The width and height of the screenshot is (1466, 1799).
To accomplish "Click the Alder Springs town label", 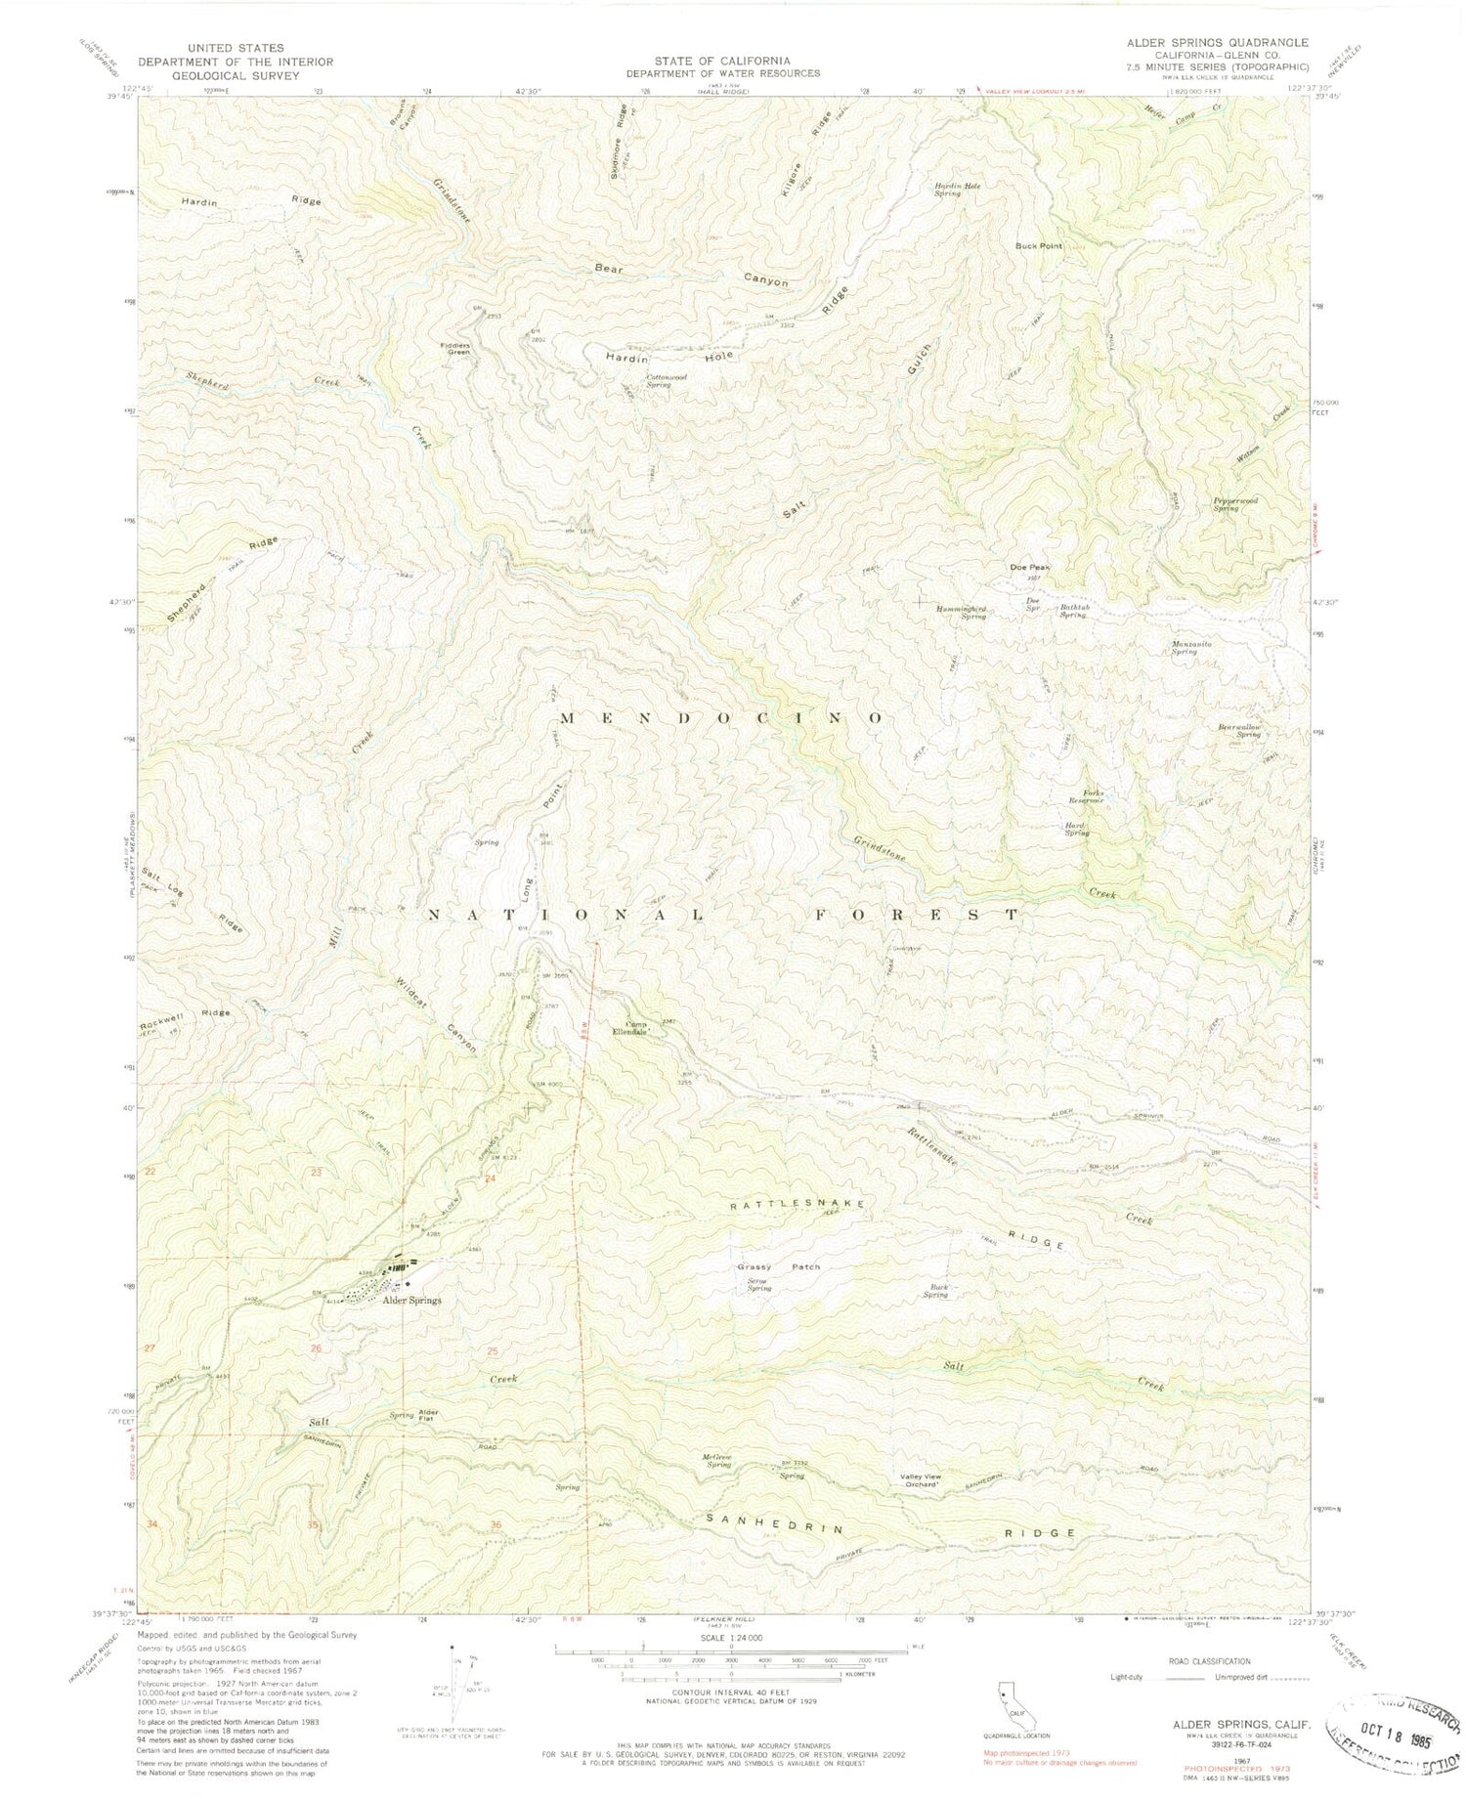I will pyautogui.click(x=411, y=1301).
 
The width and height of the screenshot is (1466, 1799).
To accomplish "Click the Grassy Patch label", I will pyautogui.click(x=778, y=1267).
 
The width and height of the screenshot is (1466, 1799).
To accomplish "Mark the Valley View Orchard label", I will pyautogui.click(x=919, y=1481).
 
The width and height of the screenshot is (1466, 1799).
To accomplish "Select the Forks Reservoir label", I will pyautogui.click(x=1085, y=797).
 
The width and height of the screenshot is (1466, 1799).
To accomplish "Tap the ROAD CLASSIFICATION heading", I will pyautogui.click(x=1207, y=1661).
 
